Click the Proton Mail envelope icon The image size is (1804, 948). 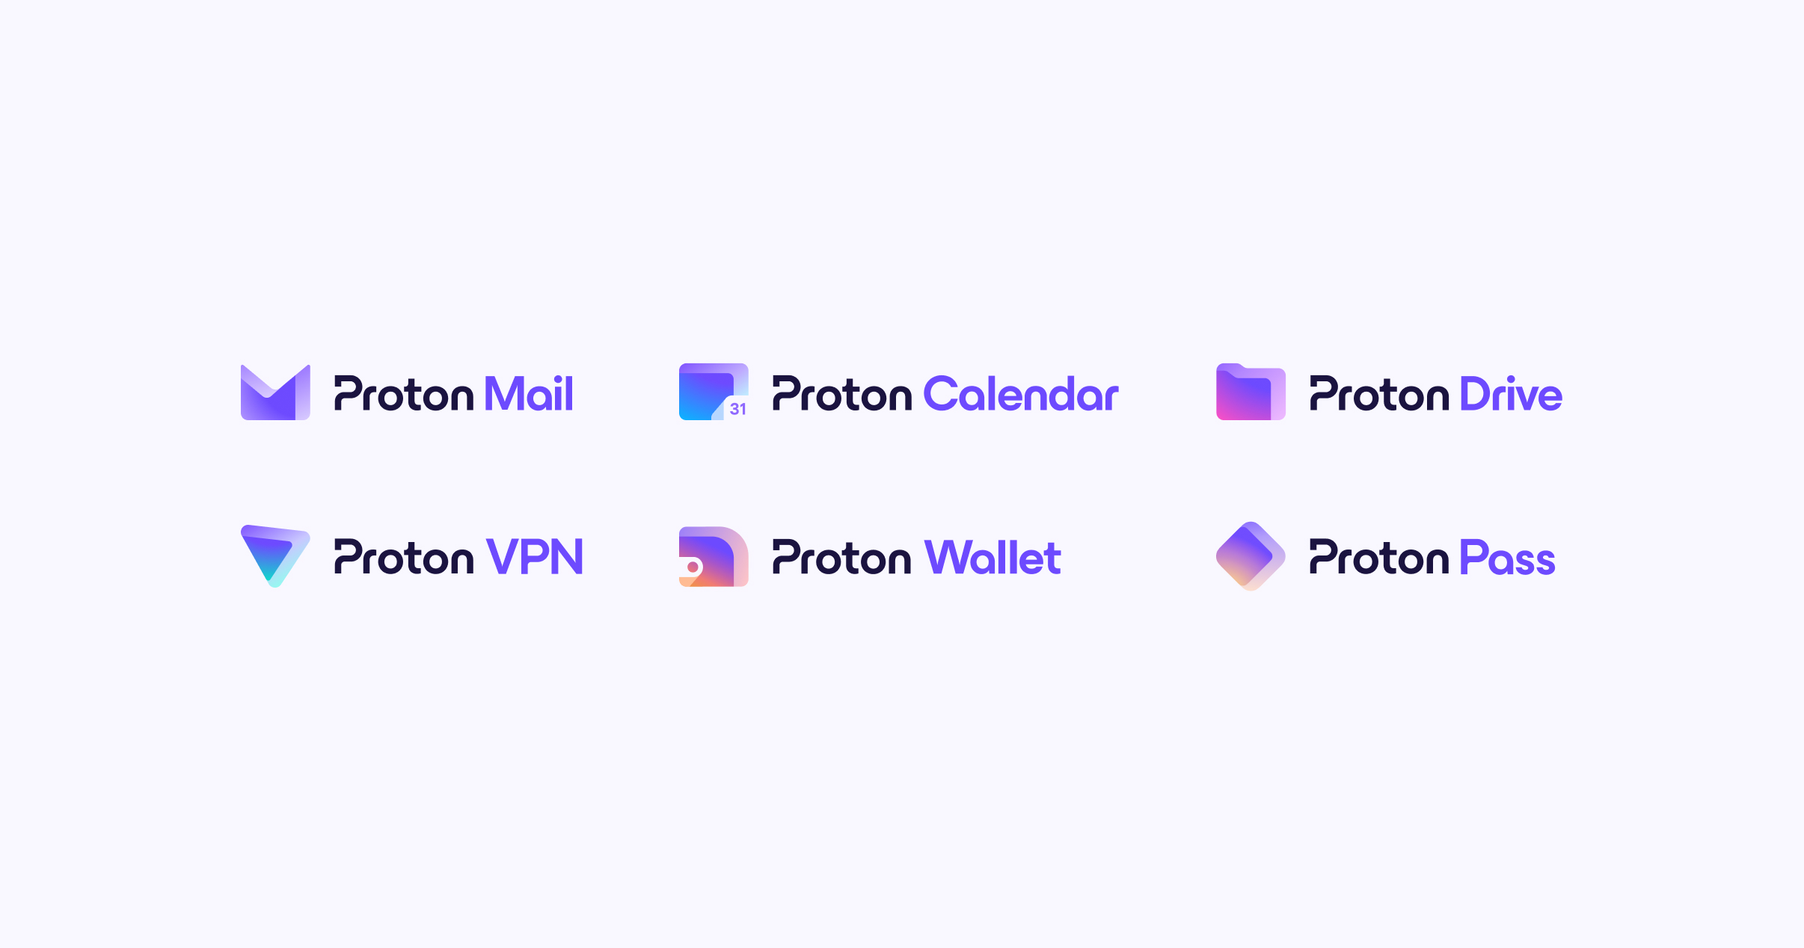(275, 393)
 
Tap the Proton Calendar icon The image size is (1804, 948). (714, 392)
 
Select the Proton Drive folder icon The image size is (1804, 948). (1251, 392)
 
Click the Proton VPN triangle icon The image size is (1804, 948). (275, 555)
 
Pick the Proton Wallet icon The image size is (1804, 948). (714, 556)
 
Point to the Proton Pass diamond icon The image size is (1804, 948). (1251, 556)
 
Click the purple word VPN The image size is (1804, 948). (534, 556)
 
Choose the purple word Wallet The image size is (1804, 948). (992, 557)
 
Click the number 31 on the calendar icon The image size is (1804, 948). (738, 409)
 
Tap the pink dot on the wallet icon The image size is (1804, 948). (693, 567)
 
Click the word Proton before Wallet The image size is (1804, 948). (842, 557)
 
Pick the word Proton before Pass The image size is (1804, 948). (1379, 557)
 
